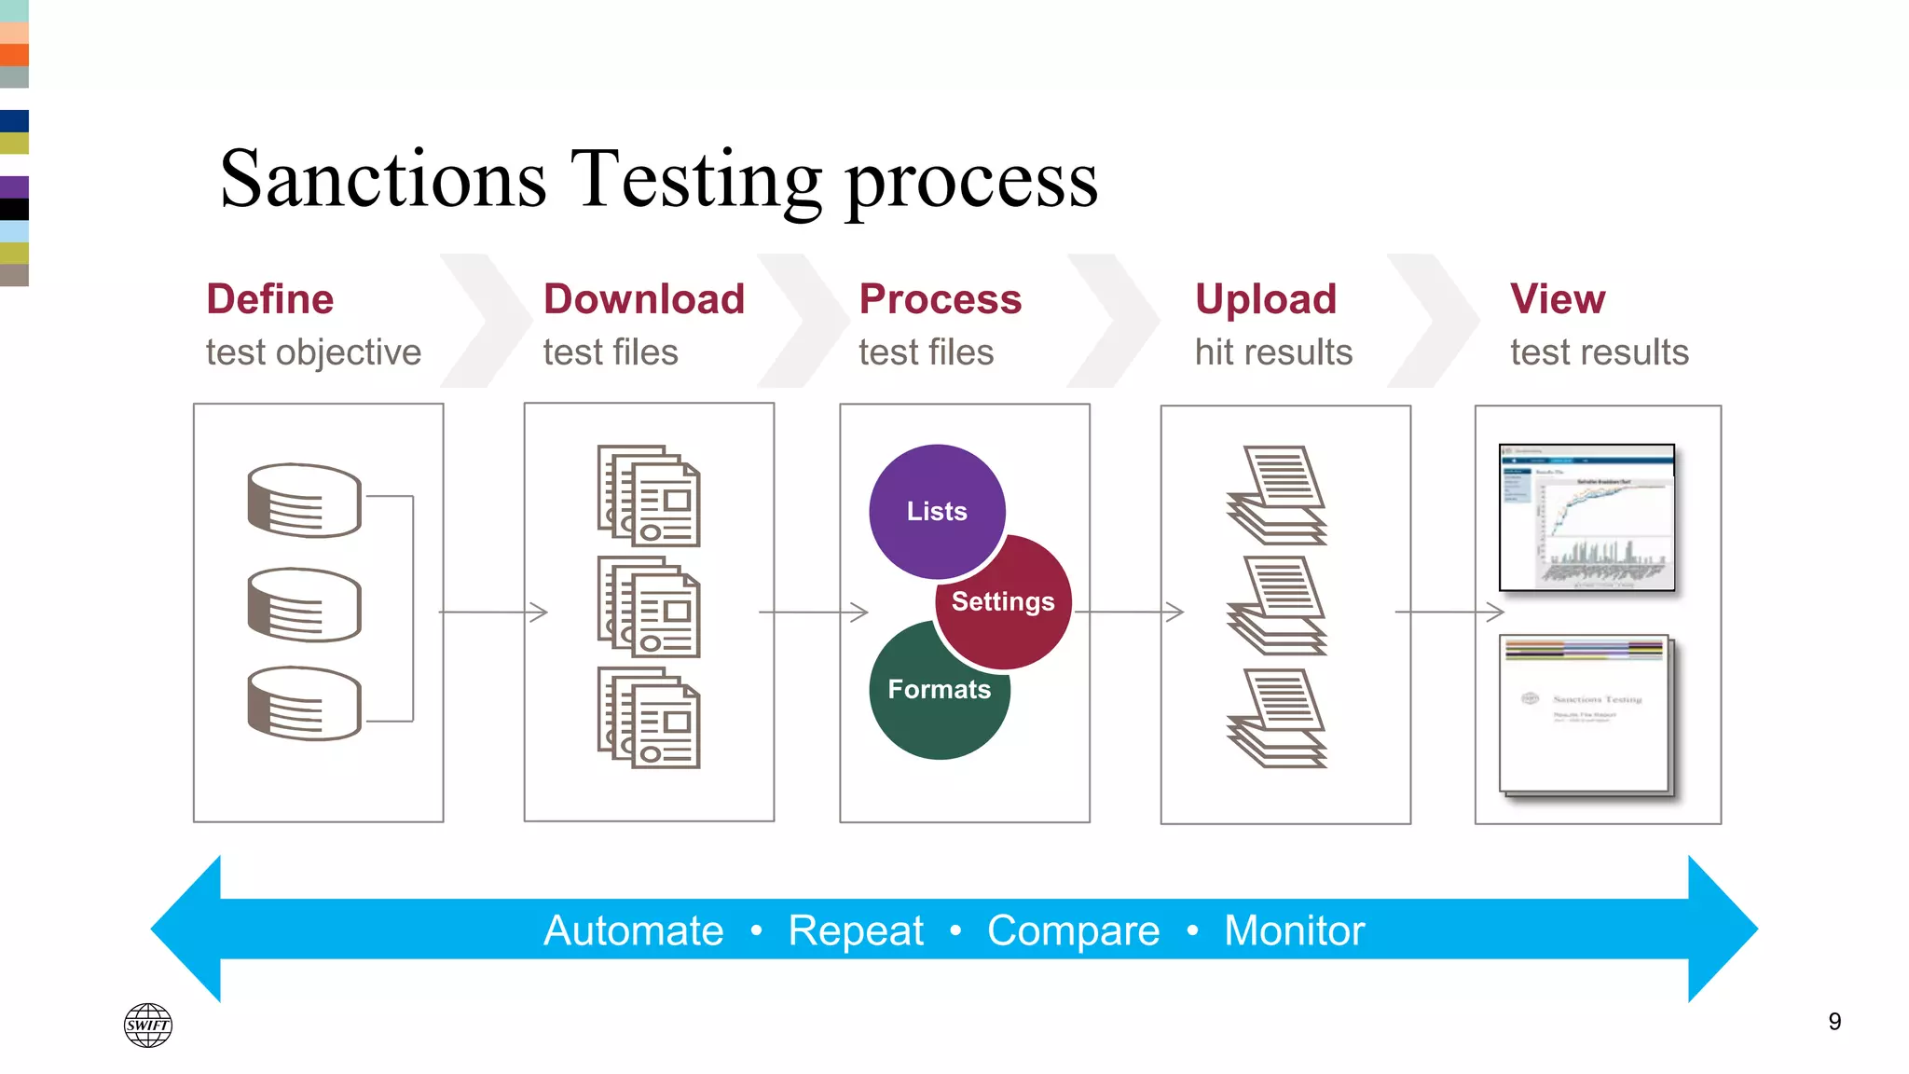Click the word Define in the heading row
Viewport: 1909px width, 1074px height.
point(269,299)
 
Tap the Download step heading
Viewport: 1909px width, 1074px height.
point(643,299)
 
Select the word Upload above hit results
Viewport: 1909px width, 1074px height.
point(1265,299)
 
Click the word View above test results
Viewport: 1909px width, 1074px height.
point(1557,299)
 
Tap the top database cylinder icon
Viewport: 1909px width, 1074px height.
point(304,501)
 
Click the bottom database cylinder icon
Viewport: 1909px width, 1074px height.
point(304,703)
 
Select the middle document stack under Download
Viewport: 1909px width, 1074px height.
point(649,607)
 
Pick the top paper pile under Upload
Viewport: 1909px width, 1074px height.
point(1278,495)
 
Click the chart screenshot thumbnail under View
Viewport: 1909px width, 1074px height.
point(1586,517)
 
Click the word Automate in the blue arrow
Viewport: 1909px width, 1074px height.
point(633,930)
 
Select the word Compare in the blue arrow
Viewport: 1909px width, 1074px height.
point(1073,930)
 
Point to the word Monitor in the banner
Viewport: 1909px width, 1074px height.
point(1294,930)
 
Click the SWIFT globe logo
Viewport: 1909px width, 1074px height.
point(148,1025)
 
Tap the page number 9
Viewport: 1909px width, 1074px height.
point(1833,1022)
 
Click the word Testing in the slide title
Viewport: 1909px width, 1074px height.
point(695,180)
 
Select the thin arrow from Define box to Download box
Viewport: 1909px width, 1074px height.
point(493,613)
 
